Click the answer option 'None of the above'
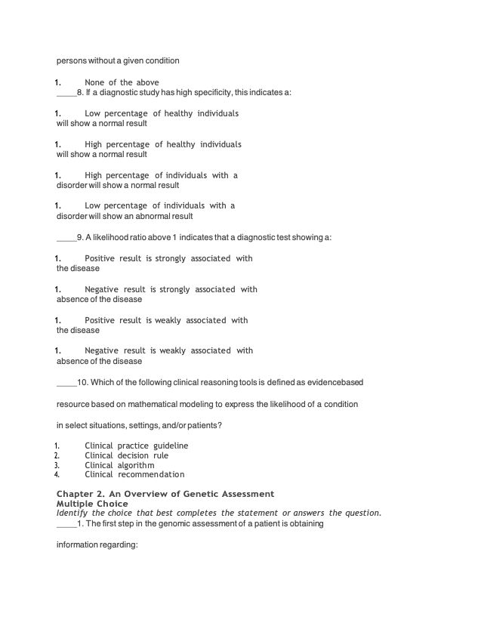[x=122, y=82]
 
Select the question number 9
[x=79, y=238]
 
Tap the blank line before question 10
[x=66, y=382]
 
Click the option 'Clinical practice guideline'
[x=136, y=446]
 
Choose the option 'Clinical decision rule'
[x=126, y=455]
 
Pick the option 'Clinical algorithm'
[x=119, y=465]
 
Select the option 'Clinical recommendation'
[x=134, y=475]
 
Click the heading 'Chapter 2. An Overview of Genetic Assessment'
[x=165, y=494]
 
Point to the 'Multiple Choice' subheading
[x=92, y=504]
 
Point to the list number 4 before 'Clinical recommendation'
[x=57, y=475]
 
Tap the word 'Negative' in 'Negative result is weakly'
[x=101, y=350]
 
